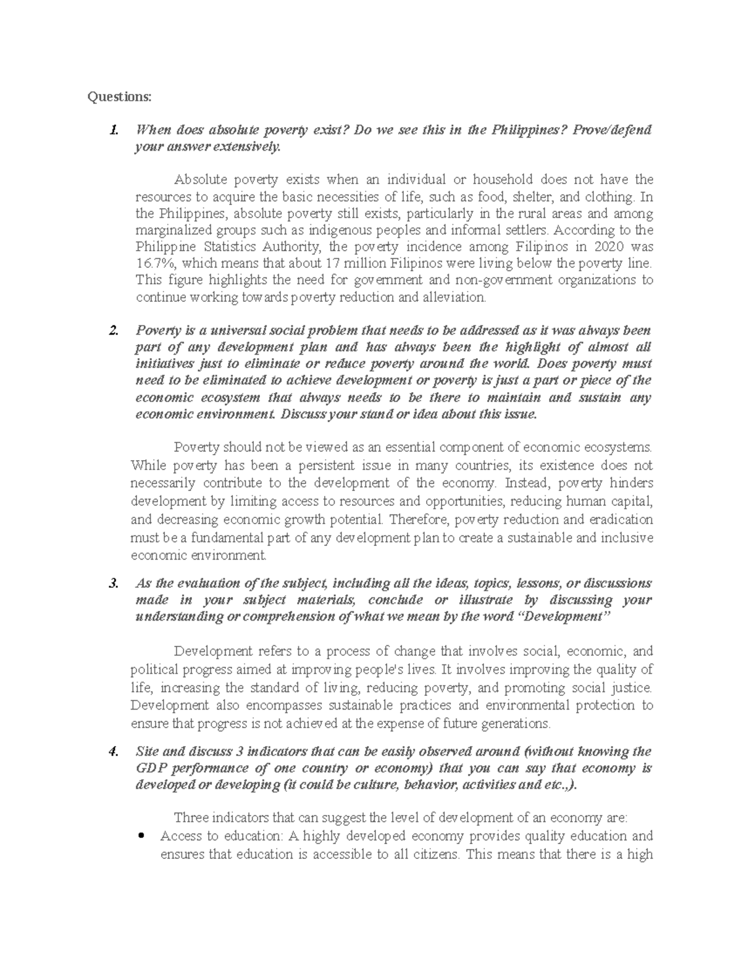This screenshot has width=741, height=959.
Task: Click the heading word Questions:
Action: click(x=119, y=97)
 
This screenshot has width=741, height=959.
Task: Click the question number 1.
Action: click(x=112, y=130)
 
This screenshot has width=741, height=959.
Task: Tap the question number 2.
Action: click(x=112, y=330)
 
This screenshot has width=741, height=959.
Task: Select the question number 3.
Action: click(x=112, y=584)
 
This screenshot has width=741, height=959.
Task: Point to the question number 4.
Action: click(x=112, y=752)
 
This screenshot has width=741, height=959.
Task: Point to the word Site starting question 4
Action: click(x=147, y=752)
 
